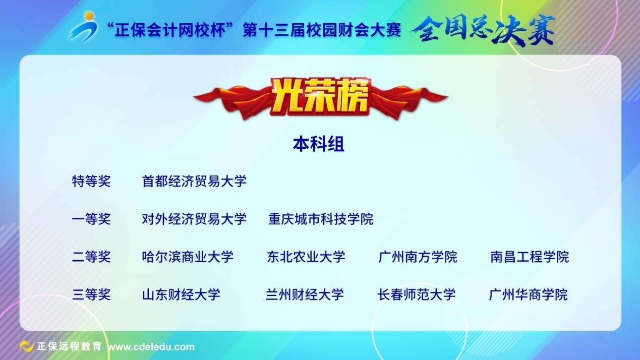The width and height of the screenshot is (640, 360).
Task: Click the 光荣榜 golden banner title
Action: pos(320,97)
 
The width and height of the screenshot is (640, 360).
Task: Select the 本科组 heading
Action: pos(319,144)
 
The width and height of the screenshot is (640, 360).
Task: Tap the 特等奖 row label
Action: pos(91,181)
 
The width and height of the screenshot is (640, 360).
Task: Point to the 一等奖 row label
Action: pos(91,219)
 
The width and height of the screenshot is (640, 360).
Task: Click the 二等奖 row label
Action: pos(91,257)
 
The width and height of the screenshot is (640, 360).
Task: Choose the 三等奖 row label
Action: pos(91,294)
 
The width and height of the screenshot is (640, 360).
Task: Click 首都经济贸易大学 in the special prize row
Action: pos(194,181)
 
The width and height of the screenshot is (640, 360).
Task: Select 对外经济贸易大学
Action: pos(194,219)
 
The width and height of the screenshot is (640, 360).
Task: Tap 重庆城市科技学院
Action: pos(321,219)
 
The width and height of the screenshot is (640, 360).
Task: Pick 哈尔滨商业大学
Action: pos(188,257)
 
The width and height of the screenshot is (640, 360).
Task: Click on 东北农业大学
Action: pos(306,257)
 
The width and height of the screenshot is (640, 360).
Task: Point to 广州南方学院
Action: pos(418,257)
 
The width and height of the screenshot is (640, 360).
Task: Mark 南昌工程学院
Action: pos(530,257)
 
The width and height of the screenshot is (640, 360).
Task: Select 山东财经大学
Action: pos(181,294)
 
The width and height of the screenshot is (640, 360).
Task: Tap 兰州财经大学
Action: pos(305,294)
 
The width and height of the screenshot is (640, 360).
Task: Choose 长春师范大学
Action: pos(417,294)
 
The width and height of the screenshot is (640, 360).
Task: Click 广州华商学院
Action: pos(528,294)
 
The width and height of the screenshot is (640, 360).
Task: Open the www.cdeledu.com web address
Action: pos(151,347)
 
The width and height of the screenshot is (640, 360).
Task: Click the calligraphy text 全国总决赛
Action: pos(483,30)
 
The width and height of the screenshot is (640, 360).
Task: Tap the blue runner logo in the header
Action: pos(83,27)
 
